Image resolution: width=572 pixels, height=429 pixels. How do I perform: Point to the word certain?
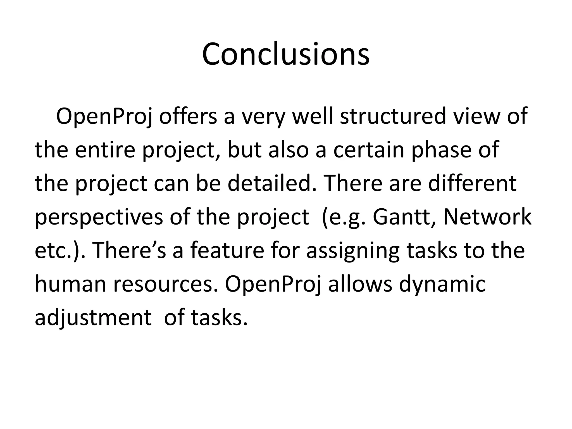tap(369, 150)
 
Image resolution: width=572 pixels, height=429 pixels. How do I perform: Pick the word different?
tap(472, 183)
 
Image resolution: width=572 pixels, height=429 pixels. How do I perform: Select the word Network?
tap(487, 217)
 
